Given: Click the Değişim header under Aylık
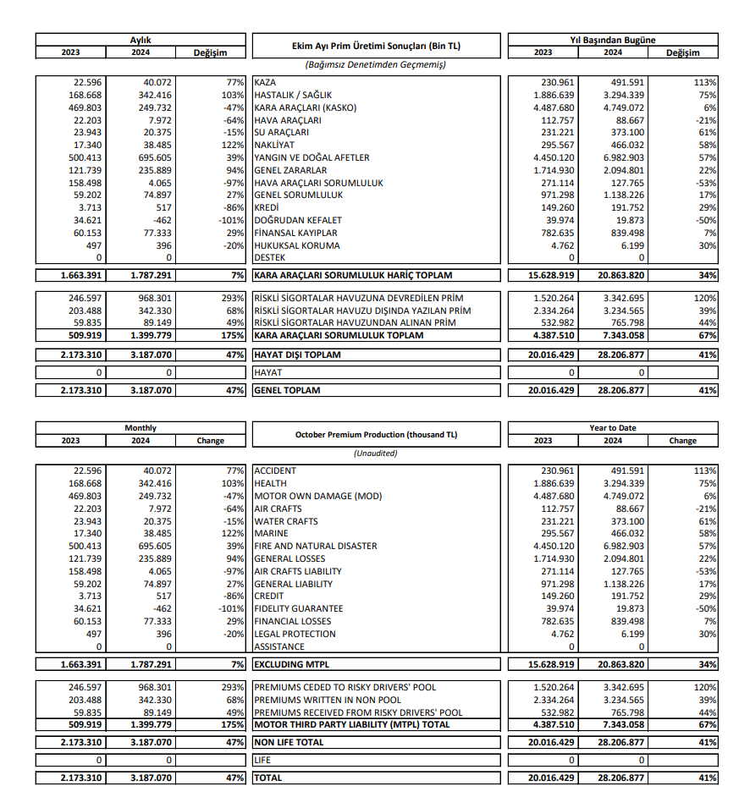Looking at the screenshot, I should (210, 52).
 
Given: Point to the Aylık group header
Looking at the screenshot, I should (140, 40).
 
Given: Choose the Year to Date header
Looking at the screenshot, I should (612, 428).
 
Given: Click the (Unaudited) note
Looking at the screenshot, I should (375, 453).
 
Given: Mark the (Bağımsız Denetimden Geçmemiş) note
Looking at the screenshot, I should (375, 64).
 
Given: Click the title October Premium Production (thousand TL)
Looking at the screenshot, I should (375, 434).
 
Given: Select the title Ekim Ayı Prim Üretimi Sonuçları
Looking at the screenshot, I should (375, 46).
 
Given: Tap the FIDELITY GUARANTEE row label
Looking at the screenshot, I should (299, 608).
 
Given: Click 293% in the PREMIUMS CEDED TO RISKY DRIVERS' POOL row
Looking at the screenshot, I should (230, 687).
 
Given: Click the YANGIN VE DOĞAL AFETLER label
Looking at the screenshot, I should (312, 157).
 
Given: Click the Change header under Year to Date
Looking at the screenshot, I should (682, 441).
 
